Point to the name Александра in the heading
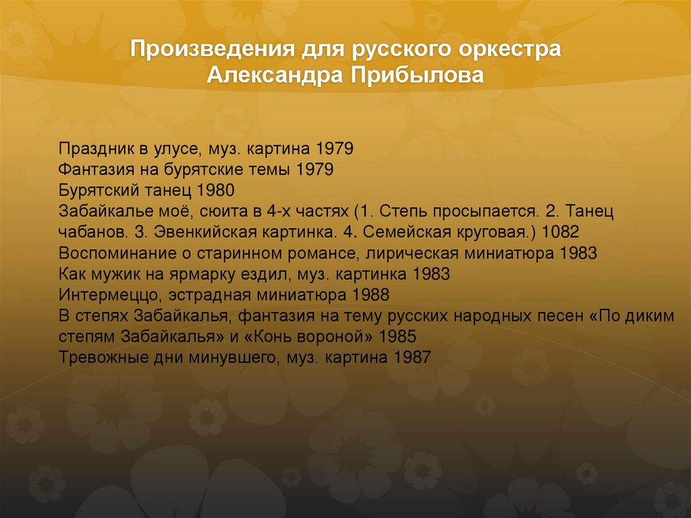(274, 75)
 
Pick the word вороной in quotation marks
(341, 336)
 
